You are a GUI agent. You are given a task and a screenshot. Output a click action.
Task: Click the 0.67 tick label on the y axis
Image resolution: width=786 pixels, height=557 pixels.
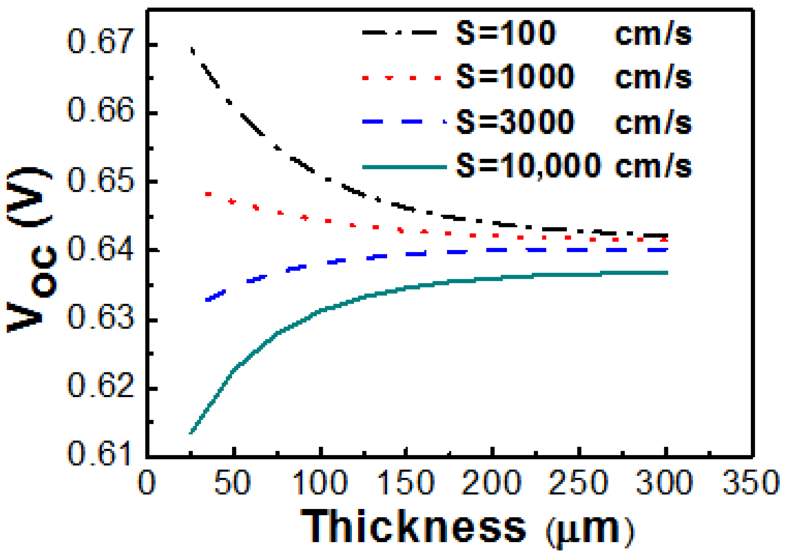coord(99,42)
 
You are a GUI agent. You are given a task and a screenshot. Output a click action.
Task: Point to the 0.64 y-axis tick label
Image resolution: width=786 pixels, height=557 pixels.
coord(99,248)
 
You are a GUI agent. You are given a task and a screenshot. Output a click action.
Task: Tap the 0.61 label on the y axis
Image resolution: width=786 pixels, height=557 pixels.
coord(99,453)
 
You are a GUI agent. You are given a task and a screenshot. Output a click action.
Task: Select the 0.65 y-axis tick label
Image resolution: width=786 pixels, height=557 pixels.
coord(99,180)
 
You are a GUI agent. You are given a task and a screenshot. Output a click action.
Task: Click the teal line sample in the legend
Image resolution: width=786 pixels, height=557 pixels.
coord(405,167)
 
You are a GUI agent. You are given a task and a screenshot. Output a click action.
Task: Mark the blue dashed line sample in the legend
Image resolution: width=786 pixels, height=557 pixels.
coord(405,122)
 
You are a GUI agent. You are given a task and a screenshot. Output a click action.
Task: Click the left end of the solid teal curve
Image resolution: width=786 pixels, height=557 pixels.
coord(191,433)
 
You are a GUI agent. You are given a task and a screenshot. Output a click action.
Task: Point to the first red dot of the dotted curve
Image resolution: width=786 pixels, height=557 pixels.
coord(208,194)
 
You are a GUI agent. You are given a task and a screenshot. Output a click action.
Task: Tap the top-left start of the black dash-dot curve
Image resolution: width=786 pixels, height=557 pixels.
coord(192,50)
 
